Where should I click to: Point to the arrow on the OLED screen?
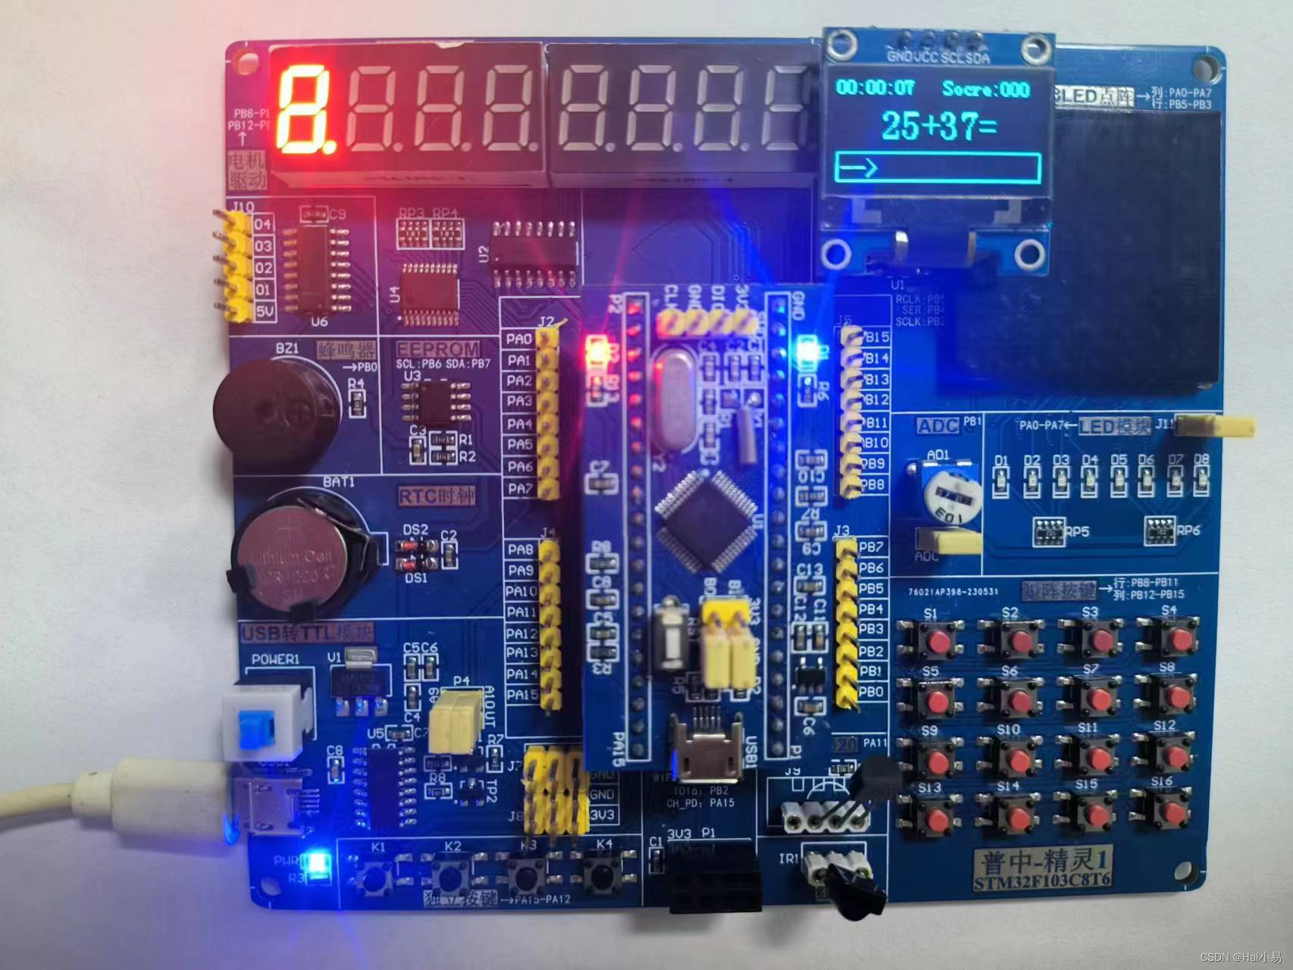pyautogui.click(x=858, y=167)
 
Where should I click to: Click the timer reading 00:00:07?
pyautogui.click(x=875, y=88)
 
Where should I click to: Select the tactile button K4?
pyautogui.click(x=603, y=875)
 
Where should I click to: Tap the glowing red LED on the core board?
pyautogui.click(x=596, y=353)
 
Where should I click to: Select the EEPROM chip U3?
pyautogui.click(x=435, y=402)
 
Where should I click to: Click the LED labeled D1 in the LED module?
pyautogui.click(x=1001, y=480)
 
